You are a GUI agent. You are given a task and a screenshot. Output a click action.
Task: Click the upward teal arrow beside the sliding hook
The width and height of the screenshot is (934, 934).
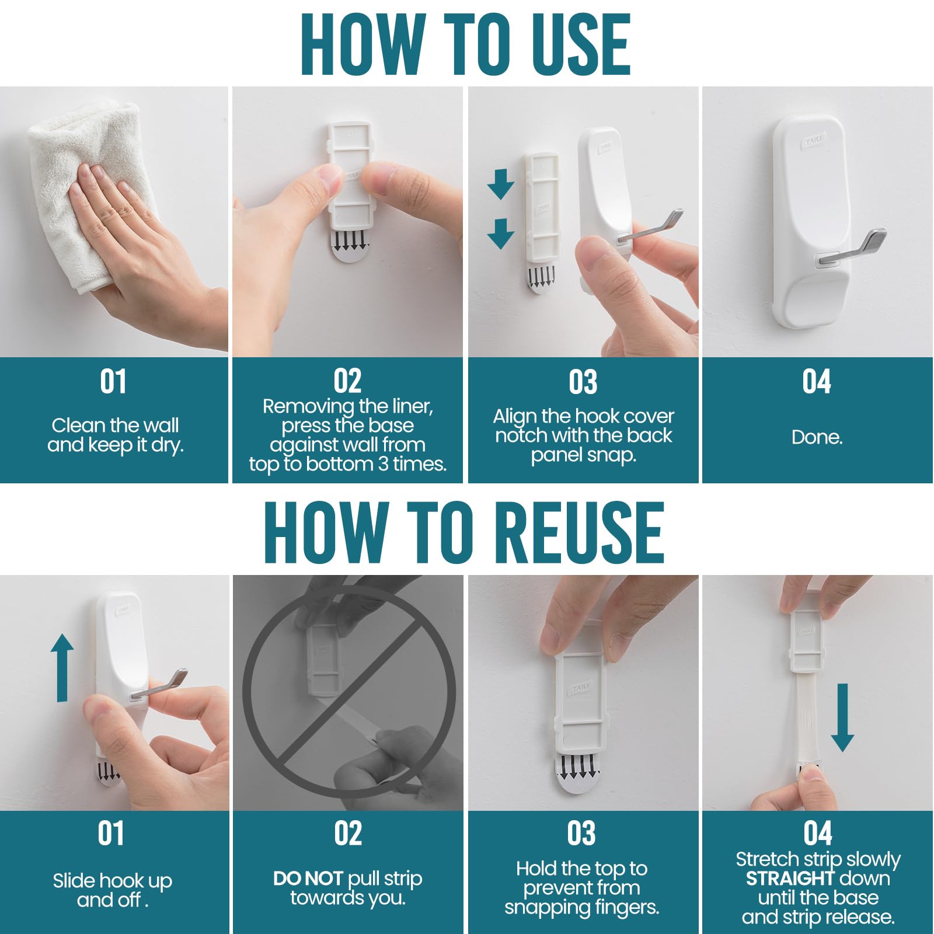[62, 668]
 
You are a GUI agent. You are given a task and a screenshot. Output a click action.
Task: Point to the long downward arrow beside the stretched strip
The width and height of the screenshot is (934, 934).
[842, 717]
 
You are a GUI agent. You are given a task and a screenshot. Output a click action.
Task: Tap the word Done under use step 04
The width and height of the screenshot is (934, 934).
[817, 437]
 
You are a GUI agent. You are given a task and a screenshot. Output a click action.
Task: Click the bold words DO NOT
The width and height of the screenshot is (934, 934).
[308, 879]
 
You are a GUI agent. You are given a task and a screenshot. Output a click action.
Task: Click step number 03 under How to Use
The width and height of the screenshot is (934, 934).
[583, 382]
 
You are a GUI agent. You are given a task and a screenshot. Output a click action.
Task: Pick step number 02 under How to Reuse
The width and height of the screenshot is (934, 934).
[348, 834]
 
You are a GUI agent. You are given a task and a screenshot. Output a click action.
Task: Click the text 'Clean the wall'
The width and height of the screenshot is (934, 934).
[115, 425]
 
